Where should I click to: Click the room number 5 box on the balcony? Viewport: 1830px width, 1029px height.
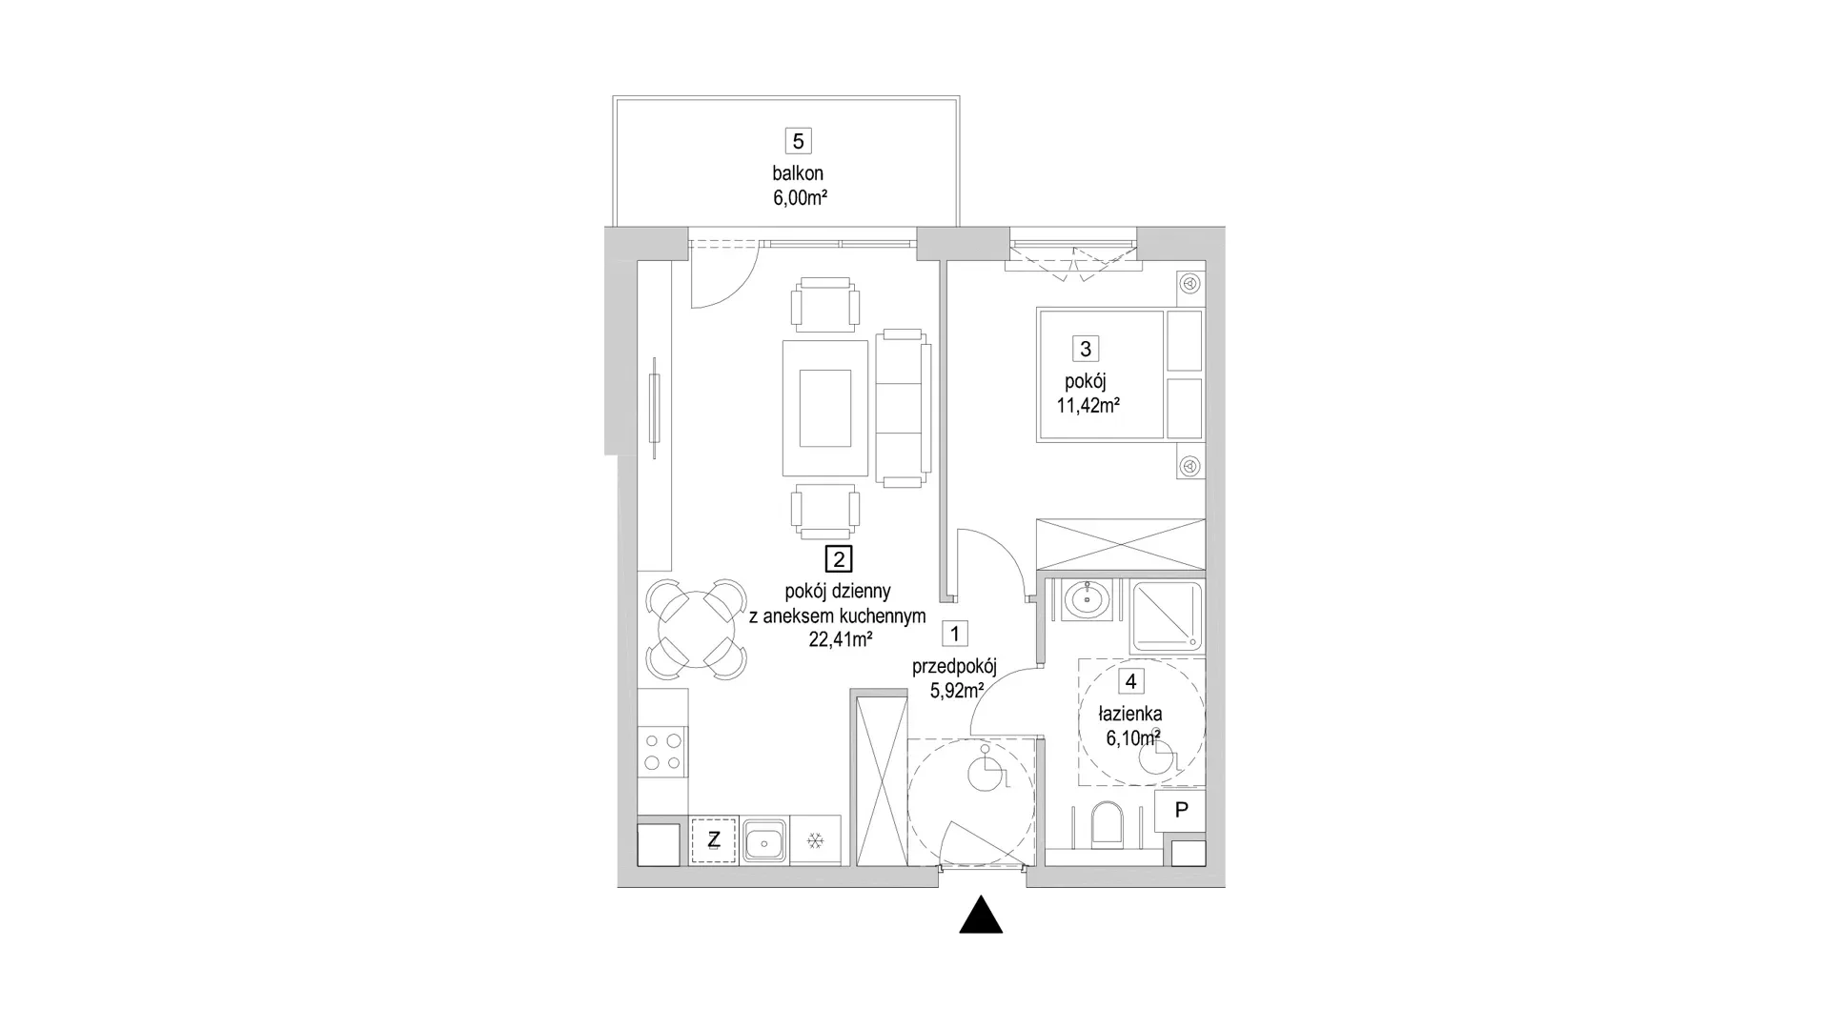pyautogui.click(x=798, y=141)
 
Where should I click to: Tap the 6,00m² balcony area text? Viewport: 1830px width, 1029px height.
pyautogui.click(x=800, y=198)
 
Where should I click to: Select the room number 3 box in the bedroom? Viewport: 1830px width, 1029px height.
pyautogui.click(x=1085, y=349)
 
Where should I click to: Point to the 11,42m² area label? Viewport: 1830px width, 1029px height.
pyautogui.click(x=1088, y=405)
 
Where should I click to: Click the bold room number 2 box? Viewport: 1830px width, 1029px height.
pyautogui.click(x=838, y=559)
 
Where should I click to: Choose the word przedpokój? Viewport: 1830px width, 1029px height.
pyautogui.click(x=954, y=667)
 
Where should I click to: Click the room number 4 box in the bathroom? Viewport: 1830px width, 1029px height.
pyautogui.click(x=1130, y=681)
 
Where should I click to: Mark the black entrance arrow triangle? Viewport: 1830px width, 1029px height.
pyautogui.click(x=981, y=915)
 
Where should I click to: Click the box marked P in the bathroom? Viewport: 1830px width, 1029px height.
pyautogui.click(x=1181, y=810)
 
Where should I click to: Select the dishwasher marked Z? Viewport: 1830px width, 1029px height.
pyautogui.click(x=713, y=840)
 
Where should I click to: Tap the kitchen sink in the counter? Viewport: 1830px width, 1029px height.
pyautogui.click(x=764, y=840)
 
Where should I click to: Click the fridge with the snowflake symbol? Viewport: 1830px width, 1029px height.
pyautogui.click(x=816, y=840)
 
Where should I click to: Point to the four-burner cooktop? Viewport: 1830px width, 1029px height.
pyautogui.click(x=662, y=750)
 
